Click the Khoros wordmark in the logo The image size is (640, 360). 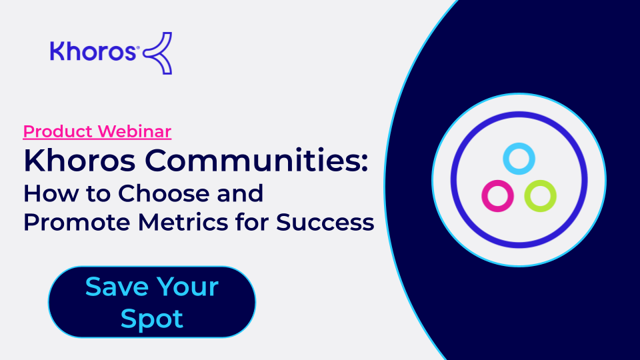93,51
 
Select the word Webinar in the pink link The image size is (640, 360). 134,131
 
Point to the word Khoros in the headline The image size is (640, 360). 79,161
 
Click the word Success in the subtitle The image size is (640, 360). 325,223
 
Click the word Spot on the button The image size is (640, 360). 152,319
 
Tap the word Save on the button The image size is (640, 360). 117,287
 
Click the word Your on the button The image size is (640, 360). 188,287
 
